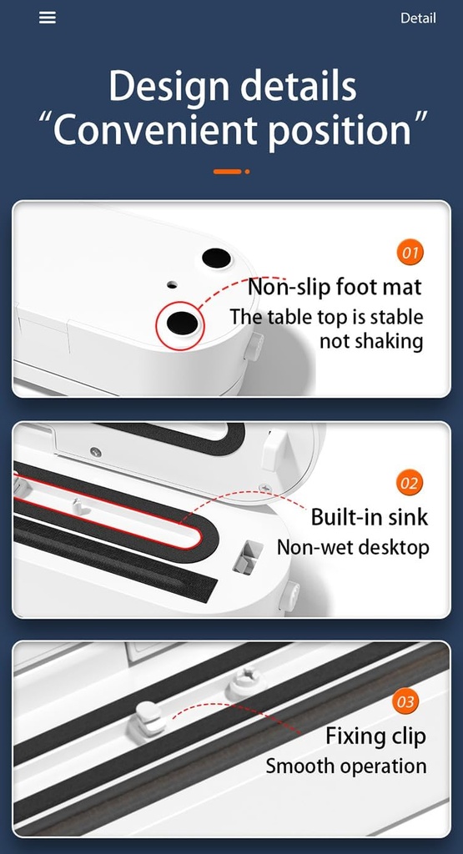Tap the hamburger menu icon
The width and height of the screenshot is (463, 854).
click(48, 18)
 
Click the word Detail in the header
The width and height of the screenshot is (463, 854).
click(418, 18)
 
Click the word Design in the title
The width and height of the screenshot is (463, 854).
click(170, 87)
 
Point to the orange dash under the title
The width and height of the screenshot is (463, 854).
click(227, 172)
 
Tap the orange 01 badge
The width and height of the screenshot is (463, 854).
click(410, 252)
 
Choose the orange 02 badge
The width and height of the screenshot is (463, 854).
click(410, 483)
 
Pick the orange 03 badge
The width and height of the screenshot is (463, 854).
click(405, 702)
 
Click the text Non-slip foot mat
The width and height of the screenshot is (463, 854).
click(335, 288)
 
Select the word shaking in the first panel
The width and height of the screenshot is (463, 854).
click(387, 341)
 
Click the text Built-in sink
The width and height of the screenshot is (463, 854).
click(369, 517)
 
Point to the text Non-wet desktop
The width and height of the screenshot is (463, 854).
click(353, 547)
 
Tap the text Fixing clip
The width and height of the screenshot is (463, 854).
click(375, 736)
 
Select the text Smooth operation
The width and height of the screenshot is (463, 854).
click(346, 766)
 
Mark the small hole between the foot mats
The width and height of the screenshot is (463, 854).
click(172, 284)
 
